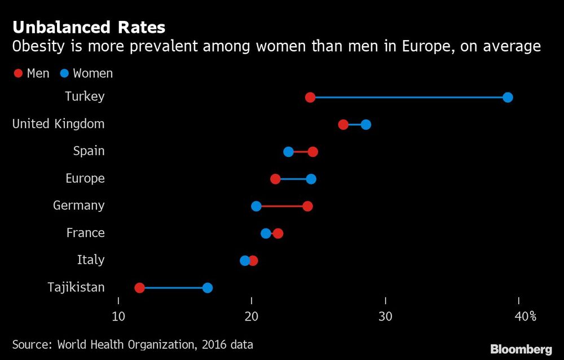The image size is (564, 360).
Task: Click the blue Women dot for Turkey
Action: coord(508,98)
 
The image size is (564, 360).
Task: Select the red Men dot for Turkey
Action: coord(310,98)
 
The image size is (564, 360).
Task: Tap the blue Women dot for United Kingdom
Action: coord(365,125)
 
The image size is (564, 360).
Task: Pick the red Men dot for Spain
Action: coord(313,152)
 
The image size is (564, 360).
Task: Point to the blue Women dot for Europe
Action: coord(311,179)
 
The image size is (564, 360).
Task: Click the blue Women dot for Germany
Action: coord(256,206)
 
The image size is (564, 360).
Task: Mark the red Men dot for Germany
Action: coord(307,206)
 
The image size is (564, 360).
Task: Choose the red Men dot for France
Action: coord(278,233)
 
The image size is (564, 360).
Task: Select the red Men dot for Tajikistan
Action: coord(140,288)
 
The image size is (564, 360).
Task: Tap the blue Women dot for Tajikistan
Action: coord(208,288)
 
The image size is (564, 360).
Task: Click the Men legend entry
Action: coord(32,73)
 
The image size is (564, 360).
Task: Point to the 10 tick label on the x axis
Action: coord(118,317)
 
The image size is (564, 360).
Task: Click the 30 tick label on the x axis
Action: coord(385,317)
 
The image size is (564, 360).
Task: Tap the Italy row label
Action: coord(91,260)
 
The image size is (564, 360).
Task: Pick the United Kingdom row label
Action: coord(59,124)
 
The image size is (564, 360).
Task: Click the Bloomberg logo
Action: coord(521,349)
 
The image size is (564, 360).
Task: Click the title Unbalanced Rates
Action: coord(89,27)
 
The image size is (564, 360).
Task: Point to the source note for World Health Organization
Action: coord(133,344)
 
